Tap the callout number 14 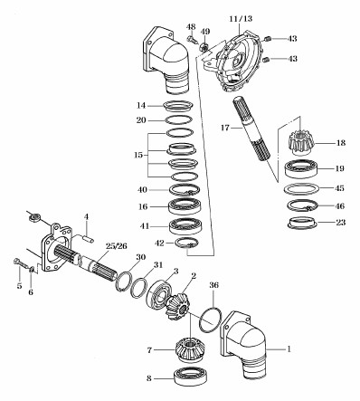pyautogui.click(x=142, y=104)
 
